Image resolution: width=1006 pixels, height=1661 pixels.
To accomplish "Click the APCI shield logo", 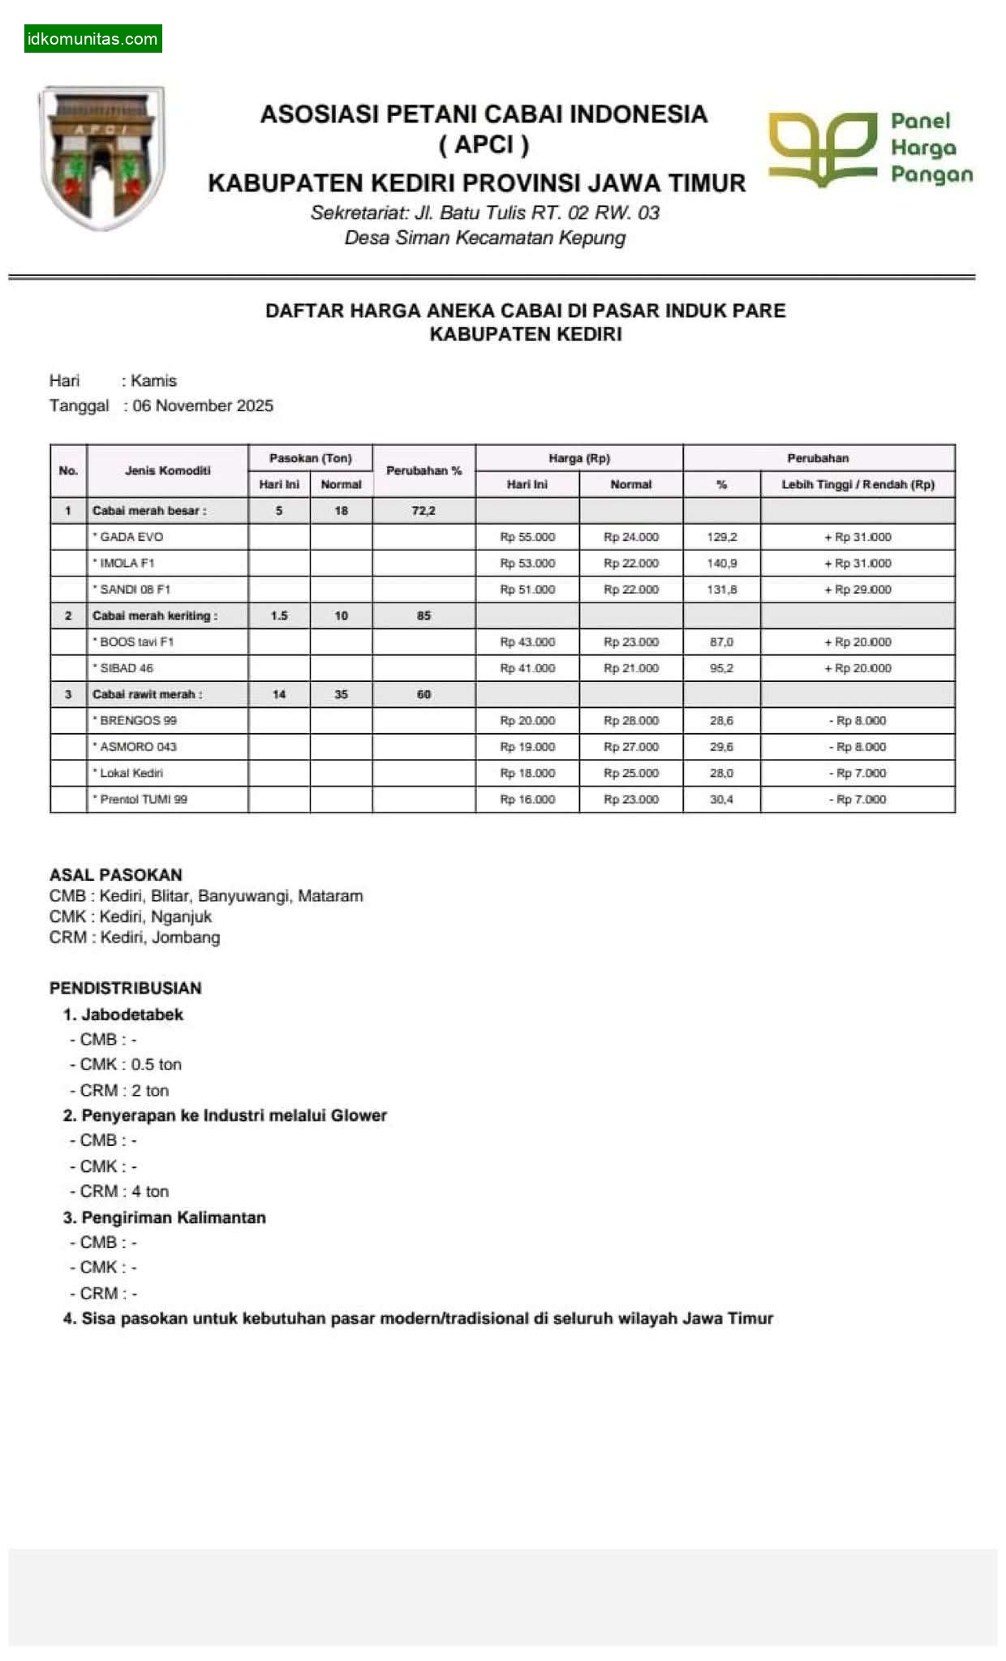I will point(101,158).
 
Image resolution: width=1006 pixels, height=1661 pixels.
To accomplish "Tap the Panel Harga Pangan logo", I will point(870,148).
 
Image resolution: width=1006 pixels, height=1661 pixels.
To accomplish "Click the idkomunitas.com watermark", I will point(92,39).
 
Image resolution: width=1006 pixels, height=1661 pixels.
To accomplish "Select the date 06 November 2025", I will point(203,406).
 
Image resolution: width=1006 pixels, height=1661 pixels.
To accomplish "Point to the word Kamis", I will point(153,380).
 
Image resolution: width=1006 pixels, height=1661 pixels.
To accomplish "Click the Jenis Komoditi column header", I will point(167,470).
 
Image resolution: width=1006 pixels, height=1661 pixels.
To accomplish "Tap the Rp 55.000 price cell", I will point(527,537).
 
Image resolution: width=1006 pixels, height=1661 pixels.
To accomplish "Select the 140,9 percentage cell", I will point(721,563).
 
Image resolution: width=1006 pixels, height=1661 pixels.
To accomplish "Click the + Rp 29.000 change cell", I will point(858,590).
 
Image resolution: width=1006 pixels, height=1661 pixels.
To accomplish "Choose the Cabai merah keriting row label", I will point(154,616).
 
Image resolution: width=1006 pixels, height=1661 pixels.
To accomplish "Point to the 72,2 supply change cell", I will point(423,511).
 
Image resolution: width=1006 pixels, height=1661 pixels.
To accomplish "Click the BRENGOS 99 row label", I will point(137,720).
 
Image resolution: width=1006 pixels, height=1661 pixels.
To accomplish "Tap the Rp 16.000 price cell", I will point(527,799).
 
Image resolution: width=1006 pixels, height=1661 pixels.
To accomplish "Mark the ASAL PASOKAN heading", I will point(115,874).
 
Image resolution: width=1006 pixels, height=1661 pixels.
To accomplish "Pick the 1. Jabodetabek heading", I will point(123,1014).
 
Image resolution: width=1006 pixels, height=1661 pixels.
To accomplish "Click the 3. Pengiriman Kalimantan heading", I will point(164,1217).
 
